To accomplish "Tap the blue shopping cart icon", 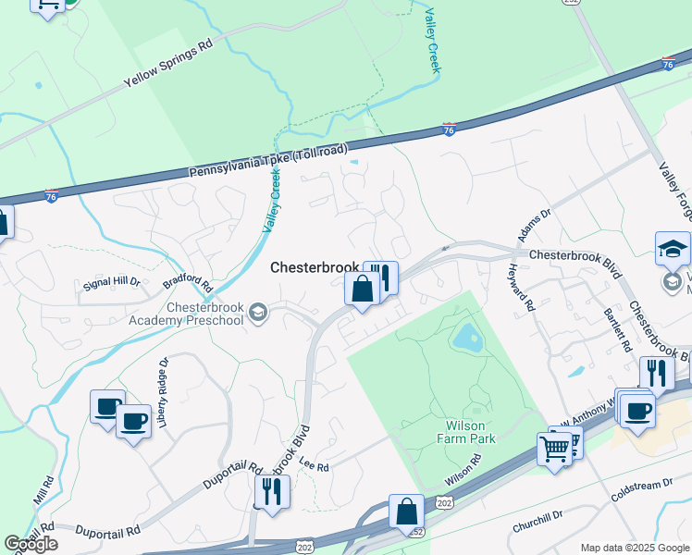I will [x=554, y=450].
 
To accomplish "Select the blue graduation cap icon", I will [x=673, y=248].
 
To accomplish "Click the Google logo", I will [x=31, y=544].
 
